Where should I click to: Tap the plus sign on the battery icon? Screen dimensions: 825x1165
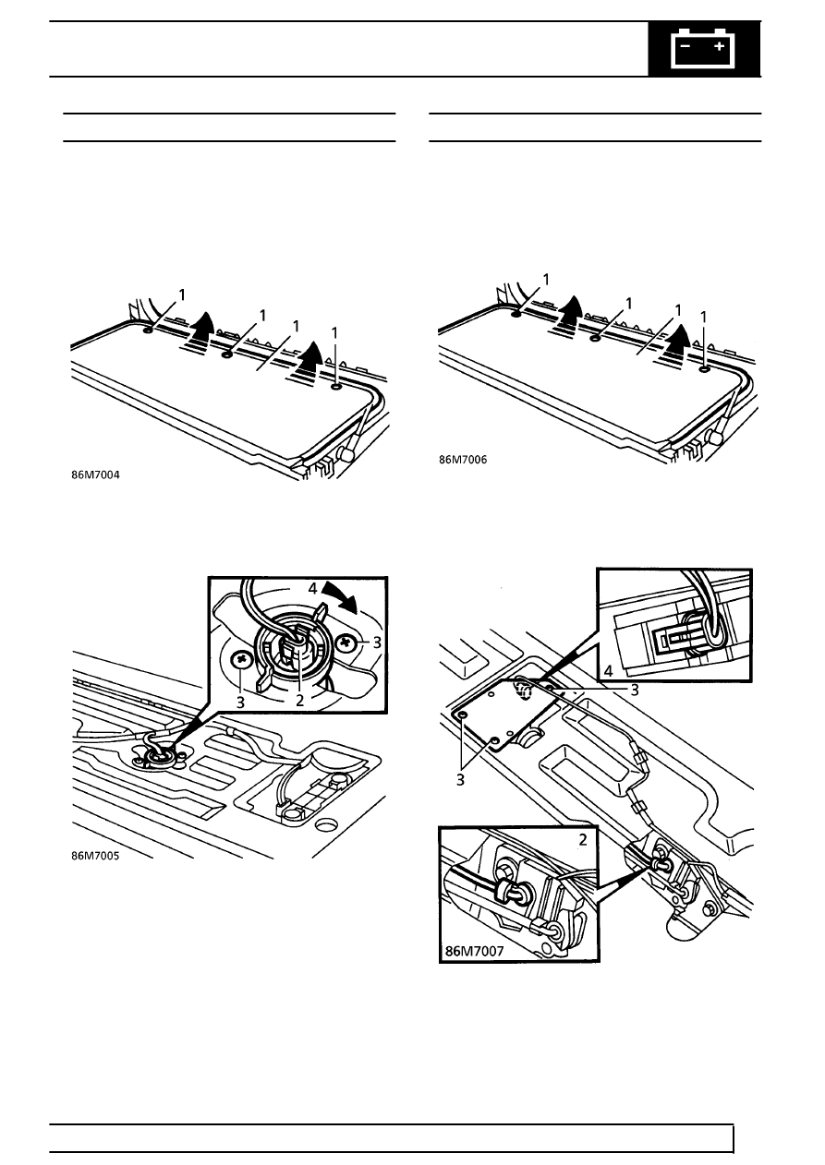pyautogui.click(x=720, y=46)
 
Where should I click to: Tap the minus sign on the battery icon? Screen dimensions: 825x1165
pyautogui.click(x=685, y=46)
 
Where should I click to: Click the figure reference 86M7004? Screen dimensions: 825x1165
pyautogui.click(x=95, y=474)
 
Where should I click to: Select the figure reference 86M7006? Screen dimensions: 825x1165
pyautogui.click(x=463, y=460)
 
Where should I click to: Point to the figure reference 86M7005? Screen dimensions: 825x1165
pyautogui.click(x=95, y=856)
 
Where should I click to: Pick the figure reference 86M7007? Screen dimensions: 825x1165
pyautogui.click(x=474, y=952)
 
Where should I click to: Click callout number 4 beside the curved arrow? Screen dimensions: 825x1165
pyautogui.click(x=312, y=589)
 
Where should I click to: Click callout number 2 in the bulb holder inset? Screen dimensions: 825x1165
pyautogui.click(x=299, y=701)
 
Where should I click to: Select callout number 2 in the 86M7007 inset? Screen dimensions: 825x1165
pyautogui.click(x=583, y=839)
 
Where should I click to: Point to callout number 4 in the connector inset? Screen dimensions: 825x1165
pyautogui.click(x=609, y=671)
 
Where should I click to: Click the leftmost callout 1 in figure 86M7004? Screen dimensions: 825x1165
pyautogui.click(x=182, y=295)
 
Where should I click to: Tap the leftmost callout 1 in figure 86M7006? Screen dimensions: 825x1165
pyautogui.click(x=546, y=280)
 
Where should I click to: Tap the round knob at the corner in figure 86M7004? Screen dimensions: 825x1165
pyautogui.click(x=346, y=454)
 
